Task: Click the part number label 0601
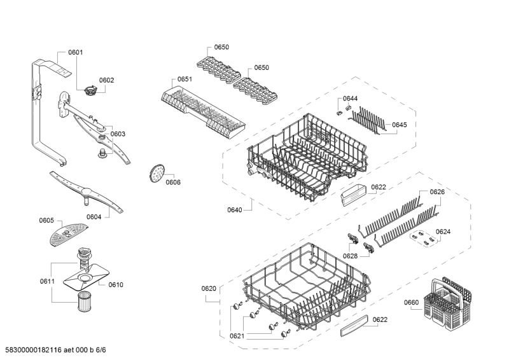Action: coord(76,52)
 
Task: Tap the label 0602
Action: coord(106,80)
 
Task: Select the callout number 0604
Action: coord(94,217)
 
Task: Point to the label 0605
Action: coord(46,221)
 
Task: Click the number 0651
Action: coord(185,80)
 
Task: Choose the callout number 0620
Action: coord(209,289)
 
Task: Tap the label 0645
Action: coord(400,125)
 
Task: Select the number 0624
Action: coord(443,232)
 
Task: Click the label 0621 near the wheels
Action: coord(237,336)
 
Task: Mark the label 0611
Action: coord(46,281)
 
